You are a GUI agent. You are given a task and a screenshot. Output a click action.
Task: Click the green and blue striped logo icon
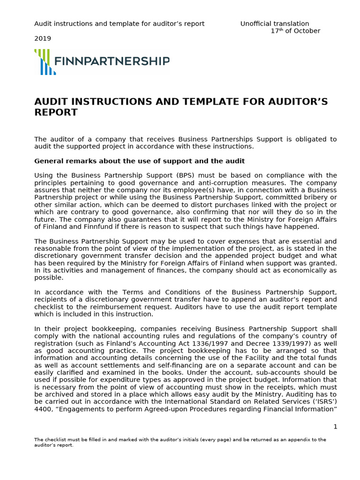(x=45, y=62)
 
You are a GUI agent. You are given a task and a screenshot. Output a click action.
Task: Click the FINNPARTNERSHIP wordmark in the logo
(x=112, y=61)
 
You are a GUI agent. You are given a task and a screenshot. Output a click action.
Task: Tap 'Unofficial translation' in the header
(x=275, y=23)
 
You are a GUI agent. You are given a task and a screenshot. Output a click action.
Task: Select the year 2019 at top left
(x=43, y=38)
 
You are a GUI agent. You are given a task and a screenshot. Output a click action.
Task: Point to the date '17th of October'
(x=295, y=31)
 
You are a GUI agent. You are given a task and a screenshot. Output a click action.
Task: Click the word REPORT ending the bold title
(x=56, y=112)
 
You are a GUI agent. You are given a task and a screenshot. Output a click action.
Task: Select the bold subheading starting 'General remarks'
(x=139, y=161)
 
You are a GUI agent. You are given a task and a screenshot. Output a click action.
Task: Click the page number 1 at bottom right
(x=335, y=426)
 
